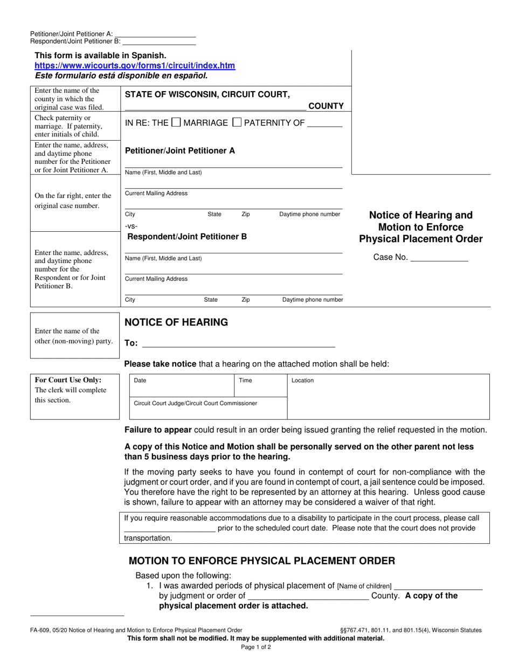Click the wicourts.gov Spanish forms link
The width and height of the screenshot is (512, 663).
point(135,66)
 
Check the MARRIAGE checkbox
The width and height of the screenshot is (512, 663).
point(176,122)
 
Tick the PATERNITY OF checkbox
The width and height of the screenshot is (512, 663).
point(237,122)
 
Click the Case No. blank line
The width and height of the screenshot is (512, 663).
point(439,258)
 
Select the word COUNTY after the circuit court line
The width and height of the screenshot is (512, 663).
point(326,106)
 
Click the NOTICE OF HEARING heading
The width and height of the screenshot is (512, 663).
point(176,322)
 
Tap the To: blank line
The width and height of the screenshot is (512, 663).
point(238,343)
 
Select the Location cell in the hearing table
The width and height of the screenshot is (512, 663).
point(388,397)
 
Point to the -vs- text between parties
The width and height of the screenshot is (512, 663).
point(131,226)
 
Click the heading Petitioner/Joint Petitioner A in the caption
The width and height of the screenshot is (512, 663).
point(180,151)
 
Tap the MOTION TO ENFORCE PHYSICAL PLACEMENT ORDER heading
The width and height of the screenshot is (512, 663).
point(260,561)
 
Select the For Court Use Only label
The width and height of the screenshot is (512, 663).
point(68,379)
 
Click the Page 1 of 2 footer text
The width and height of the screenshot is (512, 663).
point(256,647)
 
